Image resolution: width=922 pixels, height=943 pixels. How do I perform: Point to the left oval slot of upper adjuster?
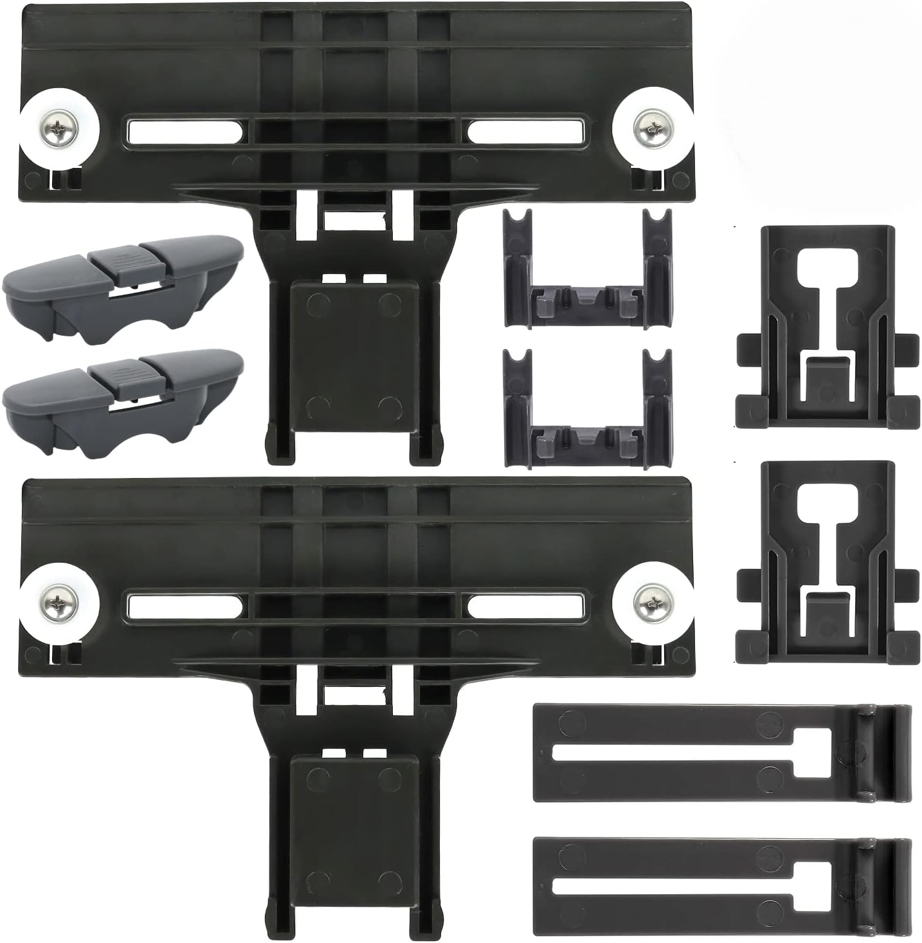(185, 132)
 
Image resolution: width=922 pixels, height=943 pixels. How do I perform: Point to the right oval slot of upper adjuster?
(525, 132)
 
